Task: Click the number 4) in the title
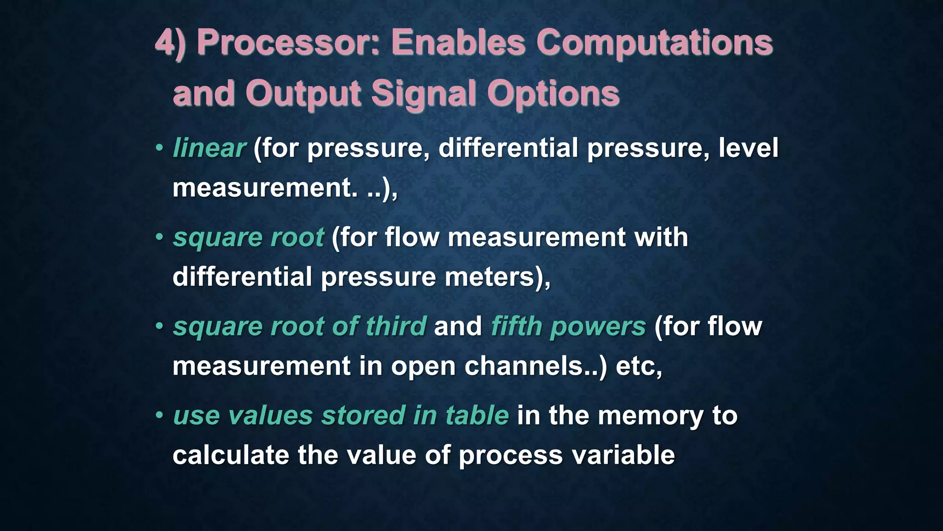click(x=170, y=43)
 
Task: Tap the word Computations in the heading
click(x=654, y=43)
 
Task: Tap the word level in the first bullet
click(x=748, y=148)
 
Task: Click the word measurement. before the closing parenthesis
click(x=265, y=188)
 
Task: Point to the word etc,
click(x=639, y=366)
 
